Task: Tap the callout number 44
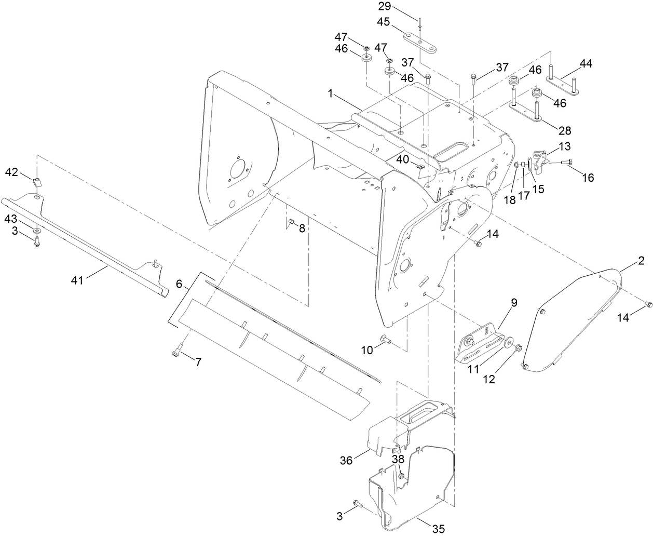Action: pyautogui.click(x=586, y=64)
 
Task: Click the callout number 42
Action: pyautogui.click(x=12, y=172)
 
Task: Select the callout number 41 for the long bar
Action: pyautogui.click(x=77, y=280)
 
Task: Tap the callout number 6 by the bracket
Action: pyautogui.click(x=179, y=284)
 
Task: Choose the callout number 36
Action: pyautogui.click(x=346, y=460)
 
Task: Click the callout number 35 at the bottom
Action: pyautogui.click(x=439, y=529)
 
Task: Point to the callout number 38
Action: pyautogui.click(x=398, y=459)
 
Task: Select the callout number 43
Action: pyautogui.click(x=12, y=218)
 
